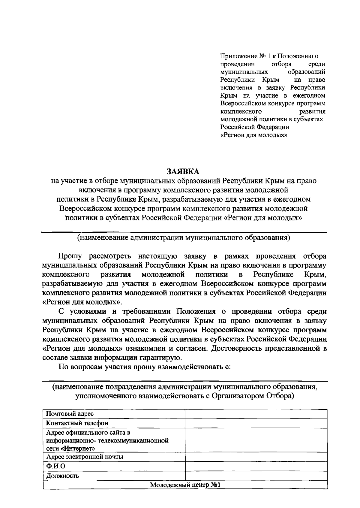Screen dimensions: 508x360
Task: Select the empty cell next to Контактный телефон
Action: (256, 423)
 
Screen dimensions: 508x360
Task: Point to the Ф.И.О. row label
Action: (56, 466)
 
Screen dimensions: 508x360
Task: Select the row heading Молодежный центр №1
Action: (185, 485)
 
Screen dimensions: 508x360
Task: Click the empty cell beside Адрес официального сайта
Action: (256, 440)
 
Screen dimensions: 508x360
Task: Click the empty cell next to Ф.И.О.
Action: (256, 466)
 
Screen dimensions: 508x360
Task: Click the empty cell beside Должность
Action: (256, 476)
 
